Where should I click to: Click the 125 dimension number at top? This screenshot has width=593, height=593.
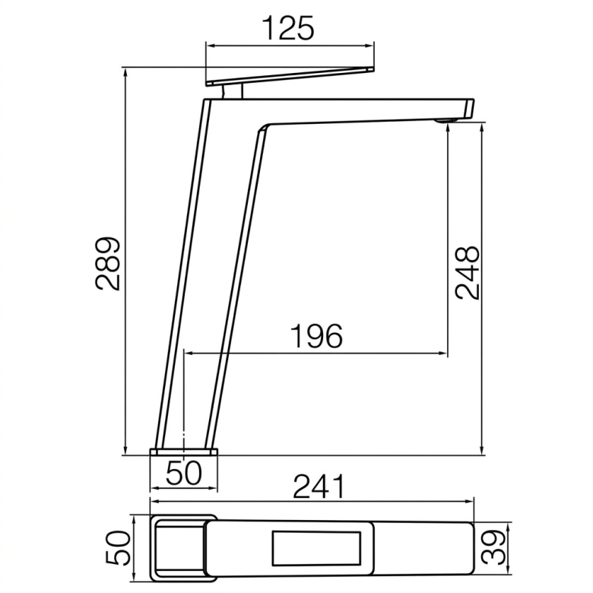(x=289, y=28)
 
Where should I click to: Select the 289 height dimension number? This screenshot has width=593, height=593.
(x=108, y=264)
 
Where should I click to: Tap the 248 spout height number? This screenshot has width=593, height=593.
(x=468, y=273)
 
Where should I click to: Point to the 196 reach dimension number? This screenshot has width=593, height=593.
(x=316, y=336)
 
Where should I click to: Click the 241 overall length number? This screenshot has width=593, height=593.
(x=319, y=487)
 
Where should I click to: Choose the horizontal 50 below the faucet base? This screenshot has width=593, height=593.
(x=184, y=472)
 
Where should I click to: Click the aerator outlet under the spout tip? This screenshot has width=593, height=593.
(x=446, y=121)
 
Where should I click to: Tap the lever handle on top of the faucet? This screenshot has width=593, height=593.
(x=290, y=76)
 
